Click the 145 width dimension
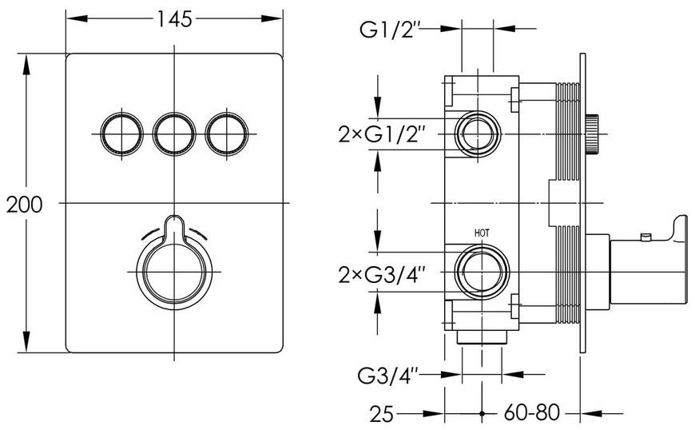(174, 18)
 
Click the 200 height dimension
(25, 205)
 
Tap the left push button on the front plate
(121, 134)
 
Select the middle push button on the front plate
(174, 134)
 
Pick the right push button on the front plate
(227, 134)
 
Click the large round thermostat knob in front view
(174, 271)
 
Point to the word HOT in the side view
(482, 233)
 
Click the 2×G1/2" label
(379, 135)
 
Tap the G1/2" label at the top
(390, 31)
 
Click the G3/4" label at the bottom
(387, 376)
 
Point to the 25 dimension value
(381, 414)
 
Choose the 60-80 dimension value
(531, 413)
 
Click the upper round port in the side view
(479, 134)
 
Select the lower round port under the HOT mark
(482, 272)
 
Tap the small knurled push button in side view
(592, 134)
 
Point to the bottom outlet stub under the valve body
(482, 338)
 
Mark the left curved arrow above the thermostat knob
(151, 233)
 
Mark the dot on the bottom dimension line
(482, 413)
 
